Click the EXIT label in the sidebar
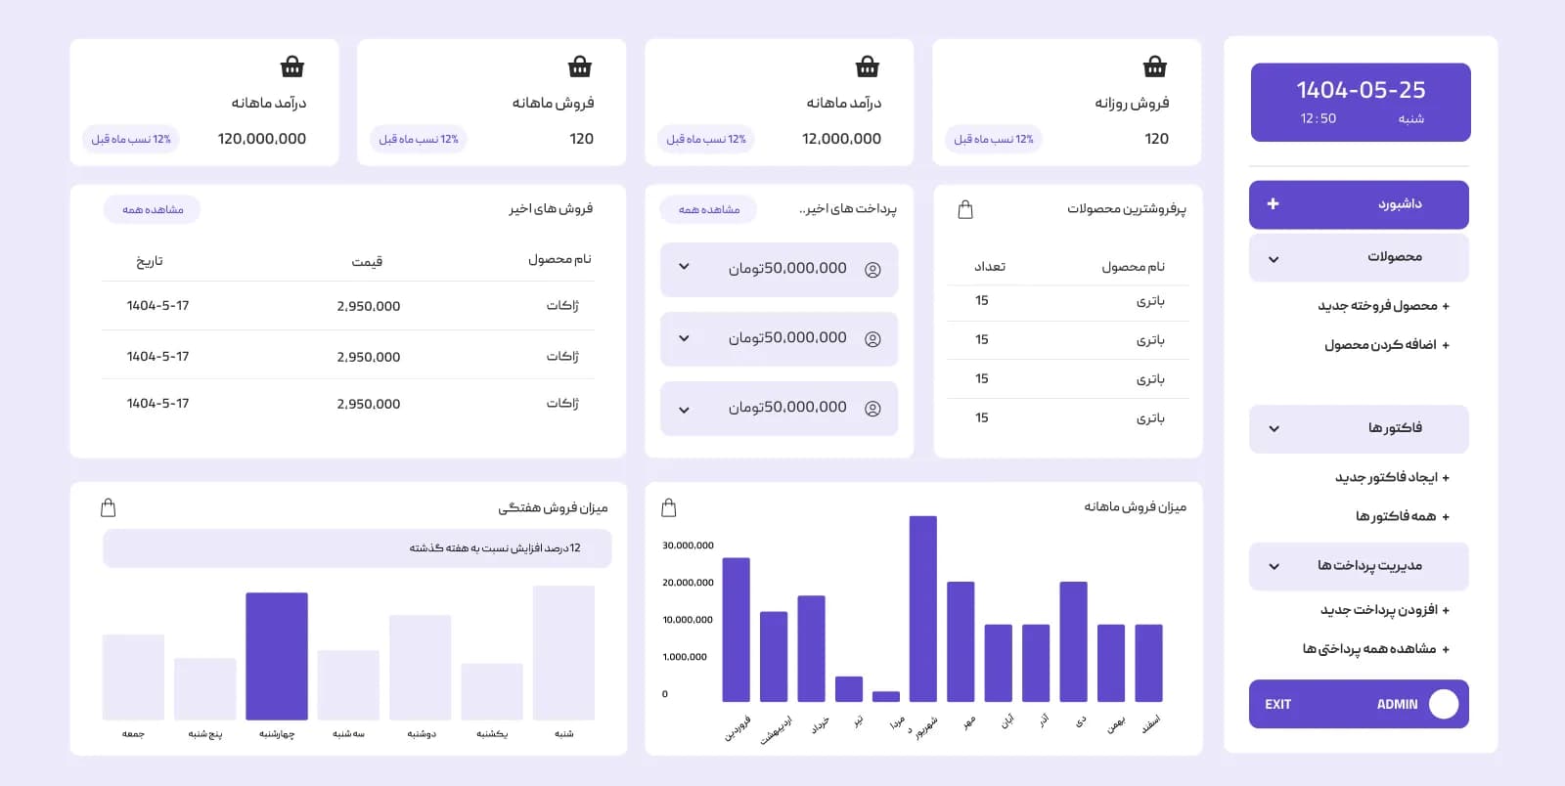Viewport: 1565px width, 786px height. click(x=1277, y=704)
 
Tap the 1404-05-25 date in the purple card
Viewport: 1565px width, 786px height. click(x=1361, y=89)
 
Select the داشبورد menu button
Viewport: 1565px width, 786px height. click(x=1359, y=204)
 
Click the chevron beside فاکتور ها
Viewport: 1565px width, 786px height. click(x=1274, y=428)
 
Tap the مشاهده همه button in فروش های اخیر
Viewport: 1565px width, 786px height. click(x=153, y=209)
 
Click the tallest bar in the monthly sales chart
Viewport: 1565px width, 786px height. click(x=923, y=609)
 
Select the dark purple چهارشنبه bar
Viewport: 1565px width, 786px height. click(x=277, y=656)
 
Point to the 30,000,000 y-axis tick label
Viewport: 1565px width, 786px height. click(x=688, y=546)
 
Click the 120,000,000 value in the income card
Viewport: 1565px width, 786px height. click(x=262, y=139)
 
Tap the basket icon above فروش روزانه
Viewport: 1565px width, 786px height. click(x=1155, y=67)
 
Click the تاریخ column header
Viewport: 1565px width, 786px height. click(x=149, y=261)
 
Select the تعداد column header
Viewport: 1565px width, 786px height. click(x=989, y=267)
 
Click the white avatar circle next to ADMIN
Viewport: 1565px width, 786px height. click(x=1444, y=704)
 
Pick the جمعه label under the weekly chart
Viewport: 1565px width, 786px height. click(x=133, y=733)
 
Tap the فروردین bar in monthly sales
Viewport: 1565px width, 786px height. click(x=736, y=630)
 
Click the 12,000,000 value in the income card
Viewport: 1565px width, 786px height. click(x=841, y=139)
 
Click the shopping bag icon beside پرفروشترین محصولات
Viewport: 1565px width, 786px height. click(x=964, y=209)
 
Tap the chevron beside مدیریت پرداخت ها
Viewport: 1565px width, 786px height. click(x=1274, y=567)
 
